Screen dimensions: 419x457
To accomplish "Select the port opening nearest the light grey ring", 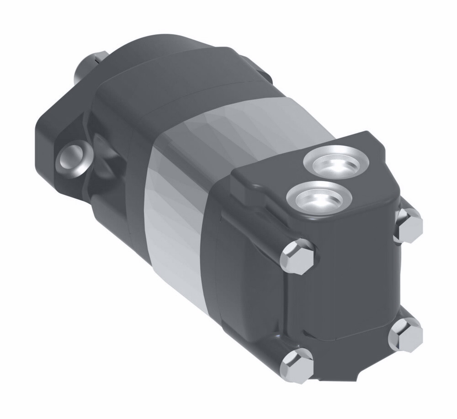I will click(337, 163).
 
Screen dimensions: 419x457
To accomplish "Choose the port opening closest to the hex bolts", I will click(319, 197).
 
